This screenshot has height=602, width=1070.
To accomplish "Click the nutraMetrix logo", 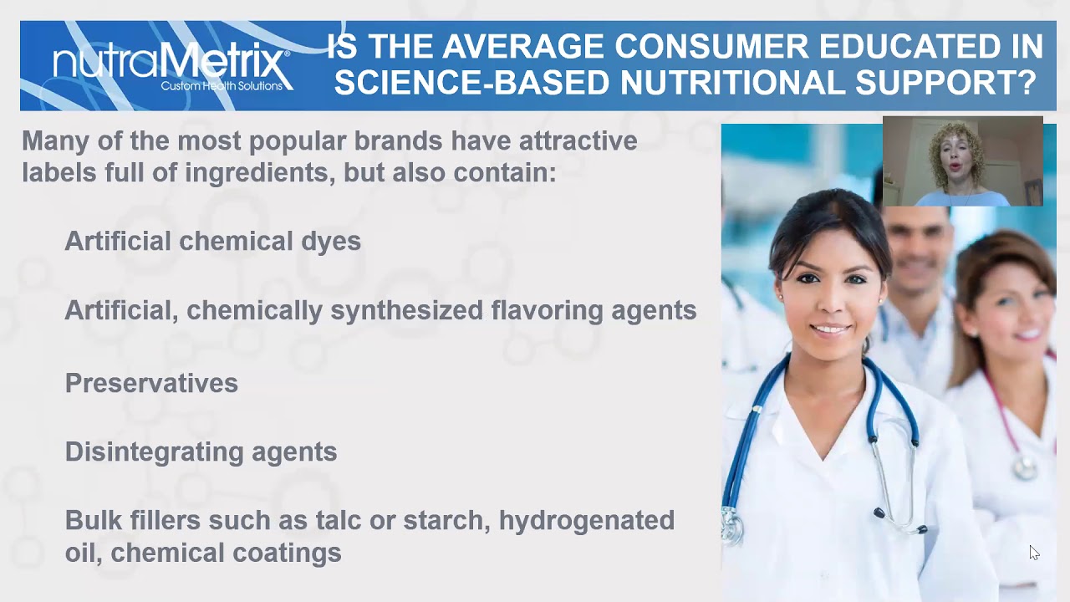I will tap(171, 64).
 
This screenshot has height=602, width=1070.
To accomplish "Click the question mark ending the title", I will tap(1025, 83).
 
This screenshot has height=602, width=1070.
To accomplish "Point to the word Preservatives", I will tap(151, 383).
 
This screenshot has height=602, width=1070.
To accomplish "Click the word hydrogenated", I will tap(587, 521).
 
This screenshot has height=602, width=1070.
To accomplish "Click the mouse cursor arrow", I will tap(1034, 553).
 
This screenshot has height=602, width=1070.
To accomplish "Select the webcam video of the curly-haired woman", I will tap(962, 161).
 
